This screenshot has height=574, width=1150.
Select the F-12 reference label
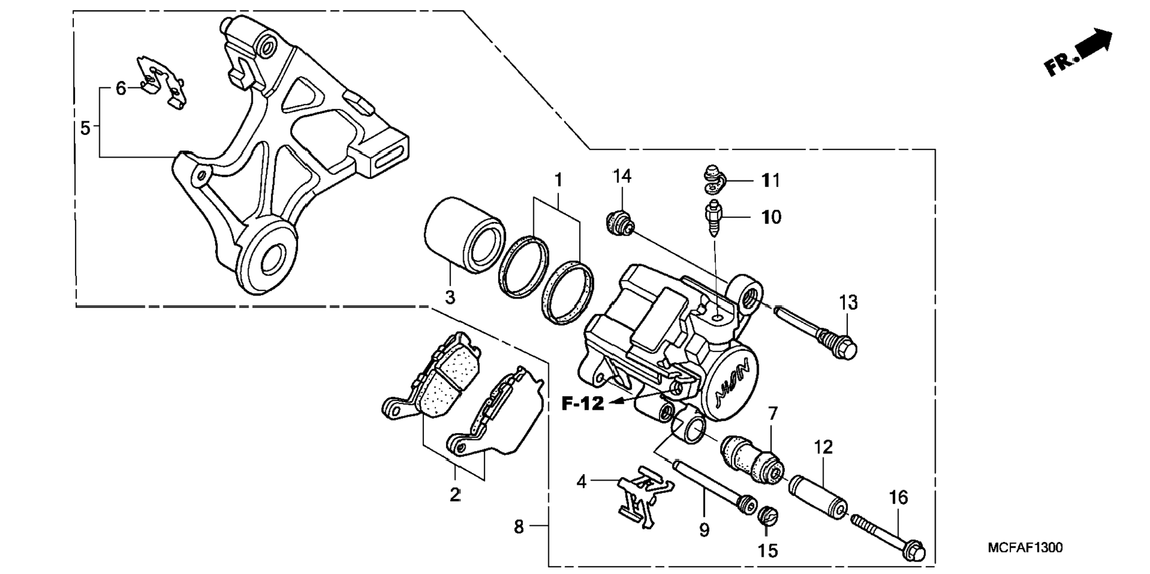[x=583, y=404]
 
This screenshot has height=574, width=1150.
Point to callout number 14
[x=623, y=176]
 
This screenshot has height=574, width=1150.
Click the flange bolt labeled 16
[x=889, y=535]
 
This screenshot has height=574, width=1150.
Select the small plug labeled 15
[x=767, y=515]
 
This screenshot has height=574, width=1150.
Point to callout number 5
[x=86, y=127]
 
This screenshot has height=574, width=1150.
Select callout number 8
[x=519, y=526]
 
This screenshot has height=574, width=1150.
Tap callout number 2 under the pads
[x=455, y=494]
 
